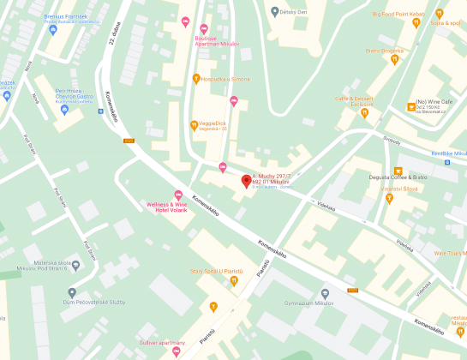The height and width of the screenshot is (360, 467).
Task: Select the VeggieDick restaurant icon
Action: tap(194, 125)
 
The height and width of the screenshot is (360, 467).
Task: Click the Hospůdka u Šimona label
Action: tap(226, 79)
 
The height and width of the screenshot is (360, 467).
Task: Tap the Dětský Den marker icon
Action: tap(274, 12)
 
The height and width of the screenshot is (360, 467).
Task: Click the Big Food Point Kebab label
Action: tap(399, 13)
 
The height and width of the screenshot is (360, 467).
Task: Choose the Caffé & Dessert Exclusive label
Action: tap(354, 100)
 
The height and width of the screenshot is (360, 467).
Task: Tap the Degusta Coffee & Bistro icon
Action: tap(396, 171)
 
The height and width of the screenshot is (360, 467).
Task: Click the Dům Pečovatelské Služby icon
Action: tap(73, 292)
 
